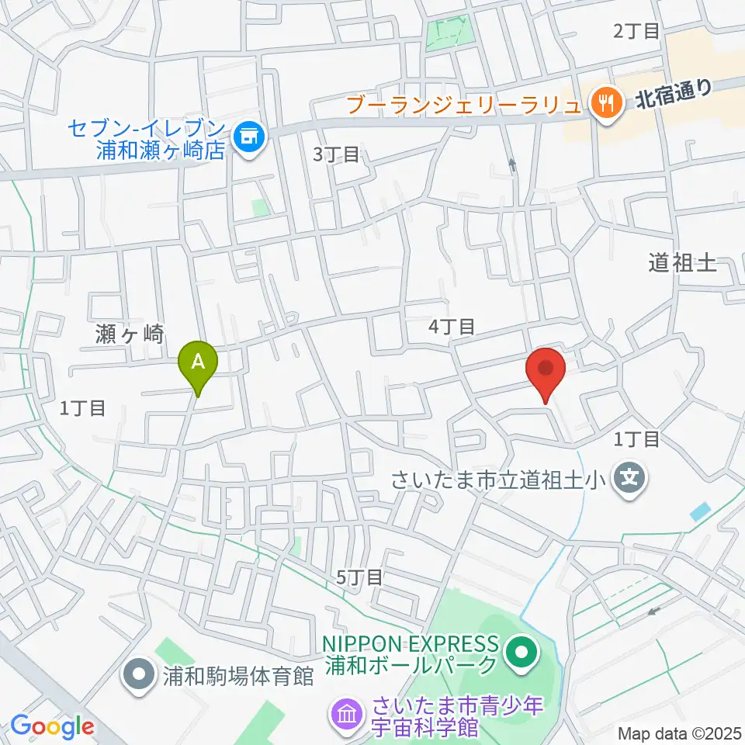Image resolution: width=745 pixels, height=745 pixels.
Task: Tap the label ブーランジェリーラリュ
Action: (x=463, y=103)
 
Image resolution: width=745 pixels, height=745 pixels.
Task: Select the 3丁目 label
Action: (x=336, y=154)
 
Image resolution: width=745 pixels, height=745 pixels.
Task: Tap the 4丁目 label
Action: (x=452, y=327)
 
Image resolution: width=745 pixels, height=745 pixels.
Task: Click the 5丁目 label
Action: (x=359, y=577)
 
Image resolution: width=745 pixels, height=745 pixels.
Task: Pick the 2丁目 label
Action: (x=636, y=31)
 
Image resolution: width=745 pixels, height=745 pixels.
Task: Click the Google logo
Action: (x=52, y=727)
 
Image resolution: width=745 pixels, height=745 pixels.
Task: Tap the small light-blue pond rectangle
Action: (x=700, y=511)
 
